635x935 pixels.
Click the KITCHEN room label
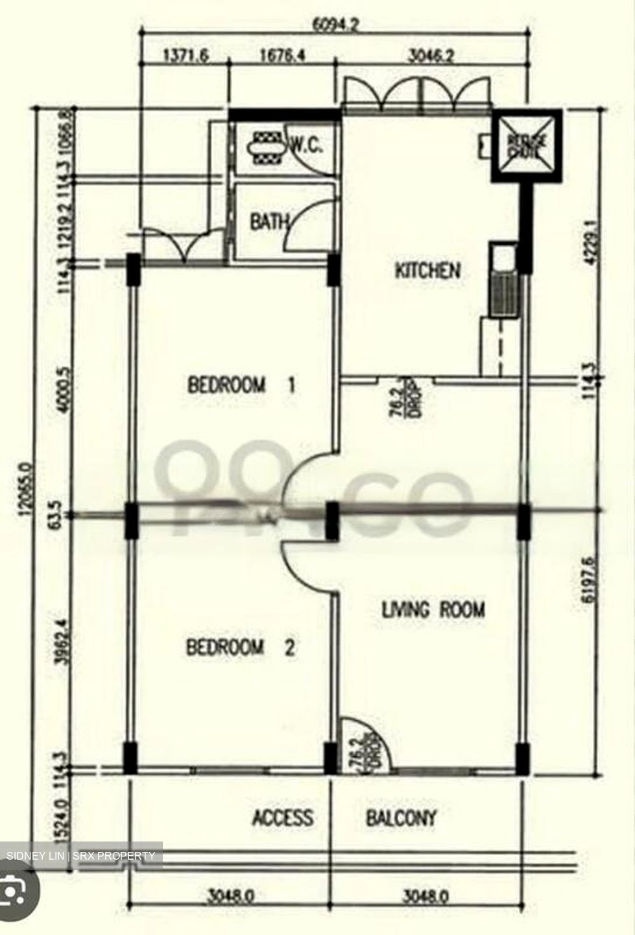click(x=427, y=270)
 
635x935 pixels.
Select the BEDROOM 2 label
click(x=240, y=647)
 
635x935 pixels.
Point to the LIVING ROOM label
click(x=433, y=610)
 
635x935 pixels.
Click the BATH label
click(x=269, y=223)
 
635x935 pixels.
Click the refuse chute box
click(x=527, y=145)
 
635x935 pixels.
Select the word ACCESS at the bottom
click(x=282, y=817)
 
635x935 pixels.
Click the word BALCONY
click(x=401, y=817)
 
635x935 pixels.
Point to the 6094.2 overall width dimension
click(x=335, y=25)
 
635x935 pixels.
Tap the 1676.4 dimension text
click(x=282, y=56)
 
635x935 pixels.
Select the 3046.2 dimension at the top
click(x=431, y=56)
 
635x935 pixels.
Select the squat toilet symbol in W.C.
click(x=265, y=147)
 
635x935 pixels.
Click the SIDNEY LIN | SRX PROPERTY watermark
click(x=81, y=856)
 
